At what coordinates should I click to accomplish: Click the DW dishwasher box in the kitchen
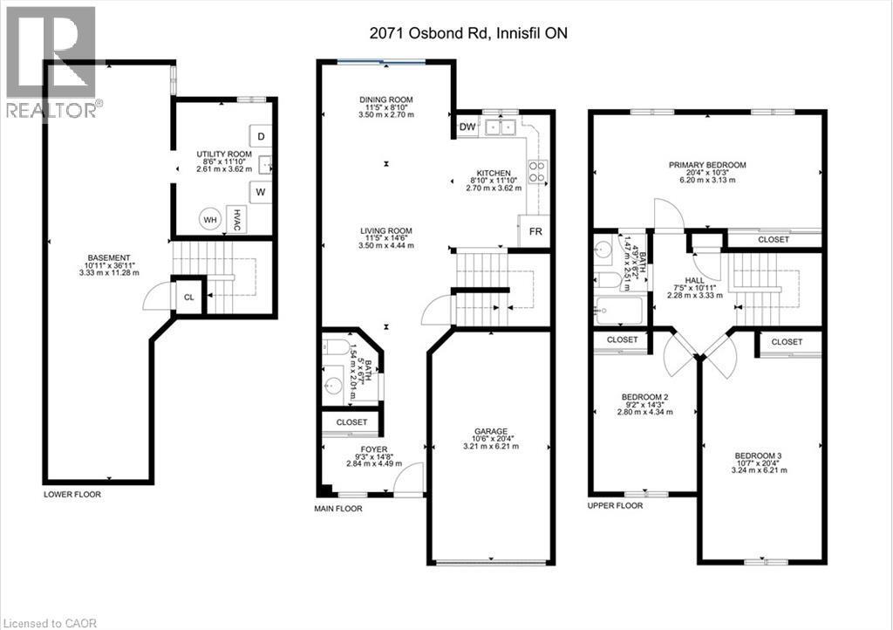(x=467, y=127)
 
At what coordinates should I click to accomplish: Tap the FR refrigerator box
(x=535, y=231)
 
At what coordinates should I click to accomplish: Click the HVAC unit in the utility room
(x=236, y=220)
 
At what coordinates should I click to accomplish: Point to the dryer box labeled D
(x=261, y=136)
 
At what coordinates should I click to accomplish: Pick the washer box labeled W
(x=261, y=192)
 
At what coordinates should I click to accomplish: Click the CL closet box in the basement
(x=187, y=297)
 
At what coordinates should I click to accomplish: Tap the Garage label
(x=491, y=430)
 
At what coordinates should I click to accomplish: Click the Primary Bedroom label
(x=707, y=165)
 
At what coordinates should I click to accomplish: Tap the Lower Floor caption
(x=72, y=495)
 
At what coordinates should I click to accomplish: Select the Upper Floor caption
(x=615, y=506)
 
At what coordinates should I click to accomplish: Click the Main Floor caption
(x=337, y=508)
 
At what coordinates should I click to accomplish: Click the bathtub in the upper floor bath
(x=617, y=310)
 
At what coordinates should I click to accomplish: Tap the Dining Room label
(x=385, y=99)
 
